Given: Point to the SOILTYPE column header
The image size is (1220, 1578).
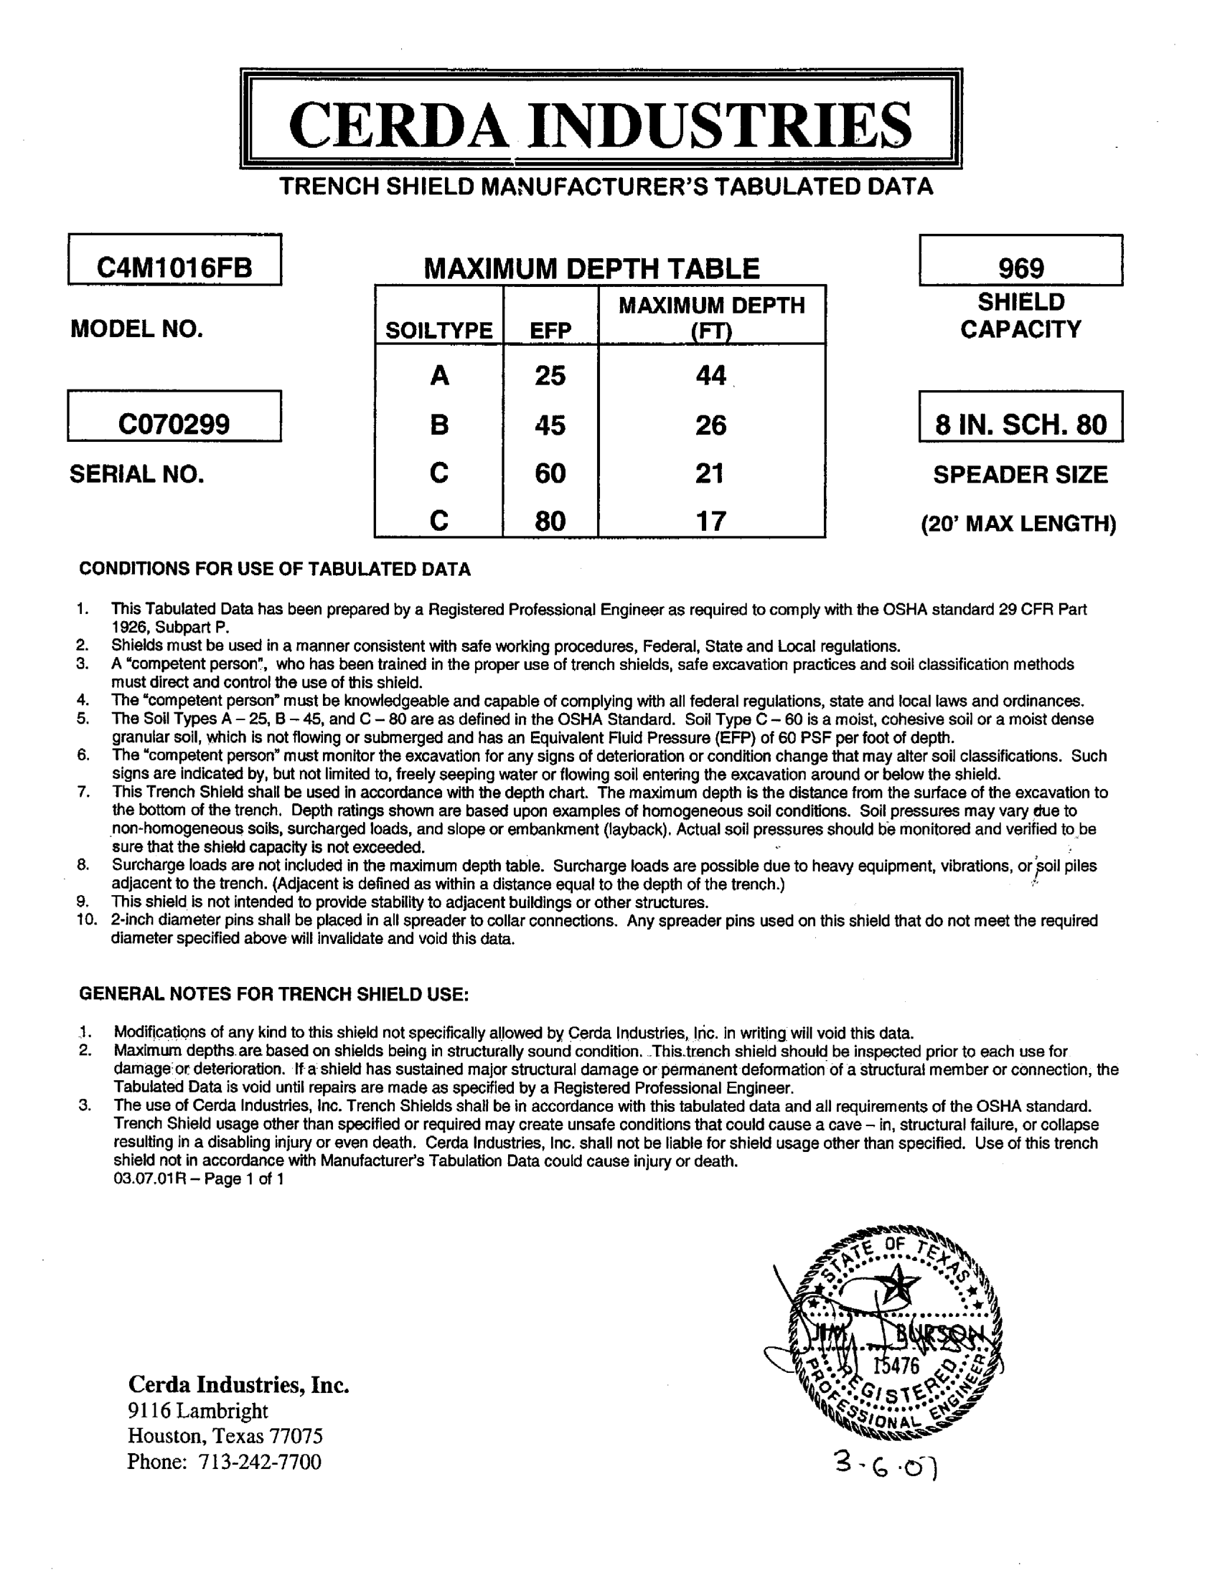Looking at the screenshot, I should (x=438, y=330).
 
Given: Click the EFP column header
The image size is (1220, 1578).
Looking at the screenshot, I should (x=550, y=330).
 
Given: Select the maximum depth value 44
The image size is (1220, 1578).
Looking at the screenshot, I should (x=710, y=375).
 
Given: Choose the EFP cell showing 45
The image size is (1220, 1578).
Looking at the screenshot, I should (x=550, y=425).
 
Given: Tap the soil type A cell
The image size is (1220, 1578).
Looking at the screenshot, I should (x=438, y=376).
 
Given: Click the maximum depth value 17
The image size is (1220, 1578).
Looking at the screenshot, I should (x=710, y=521).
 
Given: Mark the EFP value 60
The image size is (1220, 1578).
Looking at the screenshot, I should (x=550, y=473).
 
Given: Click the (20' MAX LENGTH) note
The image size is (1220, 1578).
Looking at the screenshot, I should (x=1018, y=523).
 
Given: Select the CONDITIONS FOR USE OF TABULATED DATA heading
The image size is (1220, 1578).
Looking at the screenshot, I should (x=275, y=570).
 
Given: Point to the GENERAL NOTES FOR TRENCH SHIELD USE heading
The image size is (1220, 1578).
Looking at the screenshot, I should (x=274, y=994).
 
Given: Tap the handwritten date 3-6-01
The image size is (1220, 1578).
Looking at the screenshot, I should (x=886, y=1465).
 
